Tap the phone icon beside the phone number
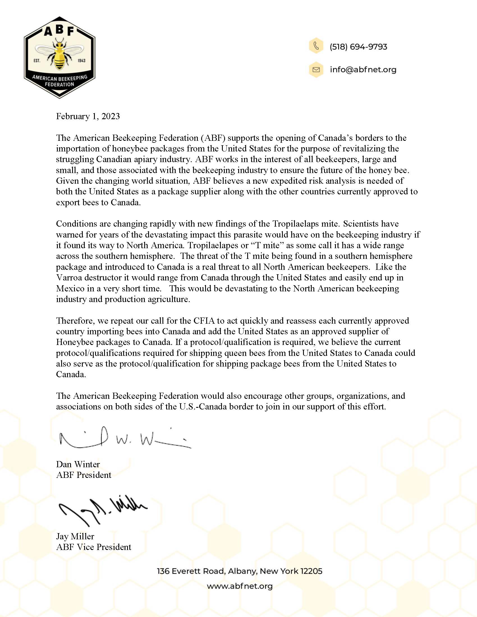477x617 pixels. [x=316, y=46]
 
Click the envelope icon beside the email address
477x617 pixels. [x=316, y=70]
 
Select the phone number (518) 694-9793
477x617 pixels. [x=358, y=47]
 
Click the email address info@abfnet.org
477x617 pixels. [x=363, y=70]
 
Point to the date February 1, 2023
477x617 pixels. [x=88, y=116]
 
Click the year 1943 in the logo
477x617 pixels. [x=81, y=61]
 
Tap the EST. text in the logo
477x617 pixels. [x=37, y=61]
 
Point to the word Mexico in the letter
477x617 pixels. [x=70, y=288]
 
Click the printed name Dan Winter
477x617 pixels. [x=78, y=464]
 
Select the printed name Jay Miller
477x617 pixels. [x=75, y=536]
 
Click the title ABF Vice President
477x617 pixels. [x=93, y=547]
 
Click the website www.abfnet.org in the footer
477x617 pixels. [x=240, y=586]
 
